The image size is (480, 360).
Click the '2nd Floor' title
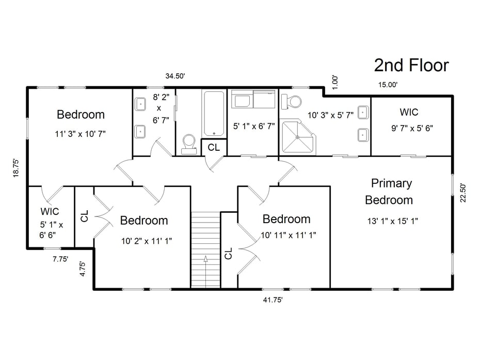(411, 66)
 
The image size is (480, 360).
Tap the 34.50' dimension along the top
(175, 76)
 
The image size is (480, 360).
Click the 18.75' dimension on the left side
(16, 168)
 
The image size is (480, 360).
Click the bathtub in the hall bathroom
(214, 113)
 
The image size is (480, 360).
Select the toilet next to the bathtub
(189, 143)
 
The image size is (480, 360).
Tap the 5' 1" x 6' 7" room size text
(253, 126)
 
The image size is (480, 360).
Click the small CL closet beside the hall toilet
(214, 147)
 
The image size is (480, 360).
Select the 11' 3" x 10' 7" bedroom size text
(80, 134)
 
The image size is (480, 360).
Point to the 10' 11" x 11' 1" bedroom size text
(288, 235)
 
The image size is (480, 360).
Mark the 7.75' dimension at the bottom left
(60, 260)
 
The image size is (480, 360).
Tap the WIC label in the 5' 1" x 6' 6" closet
(50, 212)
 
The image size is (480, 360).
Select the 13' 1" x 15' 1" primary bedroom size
(392, 221)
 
